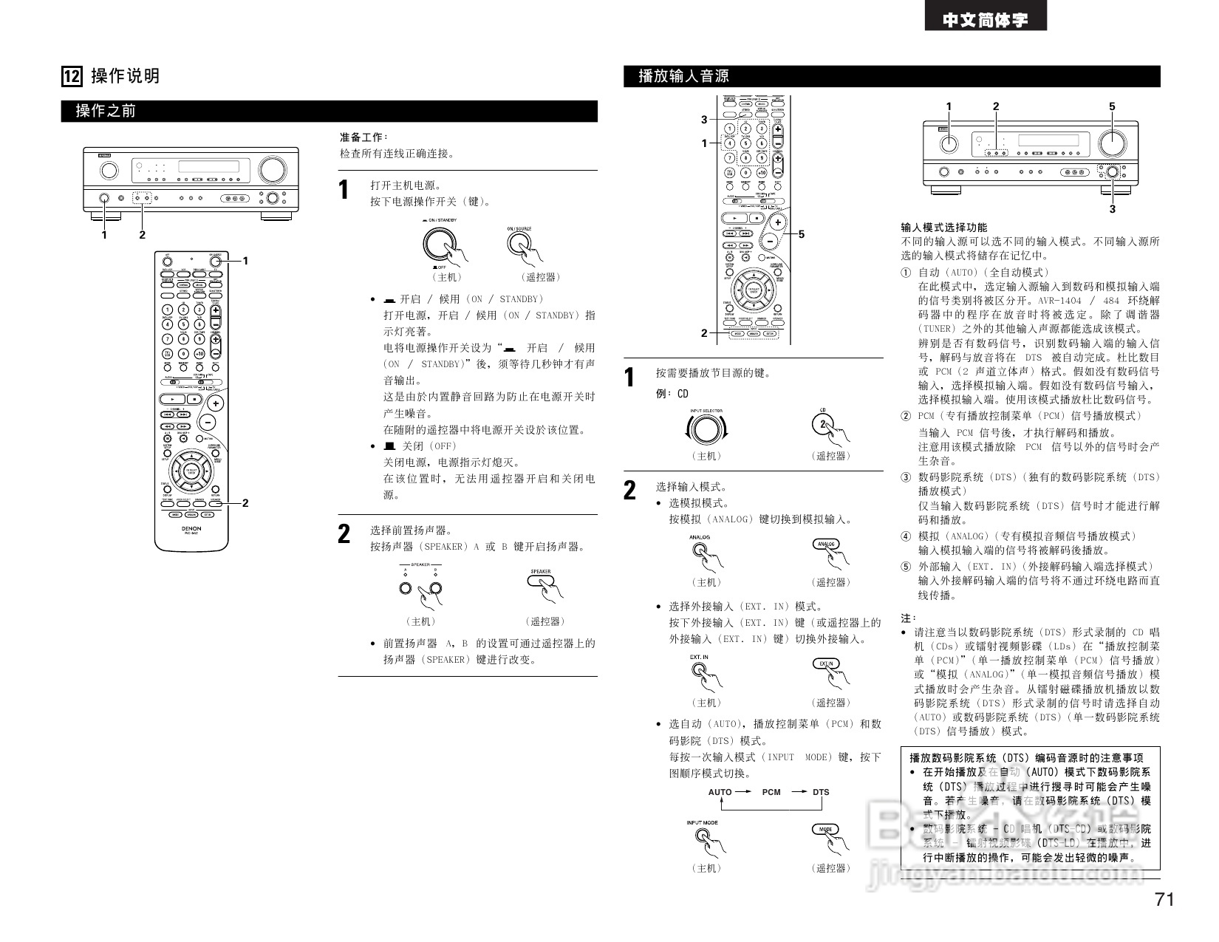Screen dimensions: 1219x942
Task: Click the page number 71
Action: click(x=1164, y=899)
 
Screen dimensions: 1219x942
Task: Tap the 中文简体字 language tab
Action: click(x=985, y=20)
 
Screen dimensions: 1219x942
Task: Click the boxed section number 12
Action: click(x=72, y=76)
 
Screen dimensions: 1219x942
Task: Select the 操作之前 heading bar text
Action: click(x=106, y=112)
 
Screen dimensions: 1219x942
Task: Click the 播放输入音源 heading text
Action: click(x=683, y=76)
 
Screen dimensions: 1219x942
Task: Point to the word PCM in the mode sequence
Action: click(x=771, y=792)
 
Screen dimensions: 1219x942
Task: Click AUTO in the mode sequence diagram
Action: click(x=720, y=792)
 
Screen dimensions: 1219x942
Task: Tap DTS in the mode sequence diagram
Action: click(x=821, y=792)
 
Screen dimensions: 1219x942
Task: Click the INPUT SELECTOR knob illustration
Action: click(x=706, y=429)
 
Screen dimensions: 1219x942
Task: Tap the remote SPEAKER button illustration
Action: click(x=541, y=581)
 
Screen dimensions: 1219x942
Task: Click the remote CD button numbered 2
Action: click(x=823, y=424)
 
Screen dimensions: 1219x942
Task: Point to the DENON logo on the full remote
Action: click(x=191, y=529)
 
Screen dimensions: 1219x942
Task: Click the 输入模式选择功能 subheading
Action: click(x=943, y=228)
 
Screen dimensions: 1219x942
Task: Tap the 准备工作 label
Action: click(x=363, y=137)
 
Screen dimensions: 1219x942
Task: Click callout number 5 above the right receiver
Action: click(x=1112, y=107)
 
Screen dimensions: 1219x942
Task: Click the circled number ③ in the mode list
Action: click(x=906, y=477)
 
